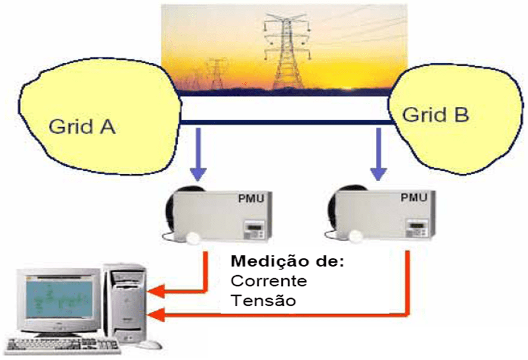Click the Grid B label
click(x=436, y=114)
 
